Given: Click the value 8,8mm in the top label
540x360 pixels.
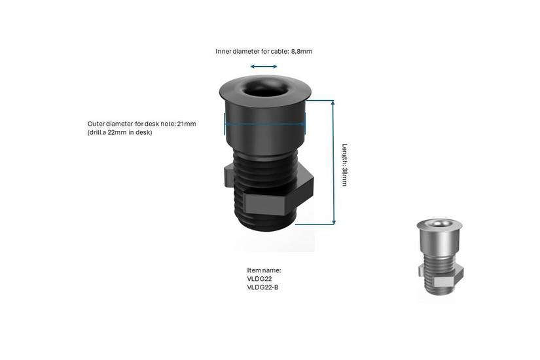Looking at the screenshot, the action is (x=301, y=51).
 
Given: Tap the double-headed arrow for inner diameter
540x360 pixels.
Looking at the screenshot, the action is (x=264, y=67).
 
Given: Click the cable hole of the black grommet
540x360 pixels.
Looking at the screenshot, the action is (x=266, y=88).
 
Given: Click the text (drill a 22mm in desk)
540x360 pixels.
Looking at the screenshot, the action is (x=120, y=132).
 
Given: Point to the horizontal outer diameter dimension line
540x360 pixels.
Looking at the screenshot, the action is (x=264, y=124).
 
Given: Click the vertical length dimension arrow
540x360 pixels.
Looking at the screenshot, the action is (x=333, y=162).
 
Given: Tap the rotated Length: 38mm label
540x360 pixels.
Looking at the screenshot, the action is (x=344, y=165).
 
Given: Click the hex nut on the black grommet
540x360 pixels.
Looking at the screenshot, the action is (x=269, y=190).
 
